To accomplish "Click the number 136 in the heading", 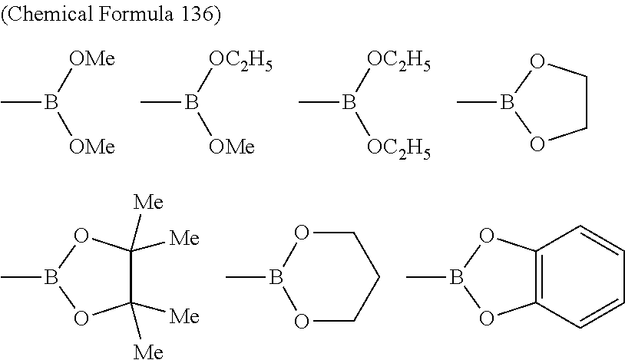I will point(194,17).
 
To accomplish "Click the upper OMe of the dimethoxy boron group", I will point(92,58).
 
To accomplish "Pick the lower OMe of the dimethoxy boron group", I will point(92,146).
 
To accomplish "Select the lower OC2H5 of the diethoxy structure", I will point(398,147).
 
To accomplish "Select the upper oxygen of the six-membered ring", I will point(302,234).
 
